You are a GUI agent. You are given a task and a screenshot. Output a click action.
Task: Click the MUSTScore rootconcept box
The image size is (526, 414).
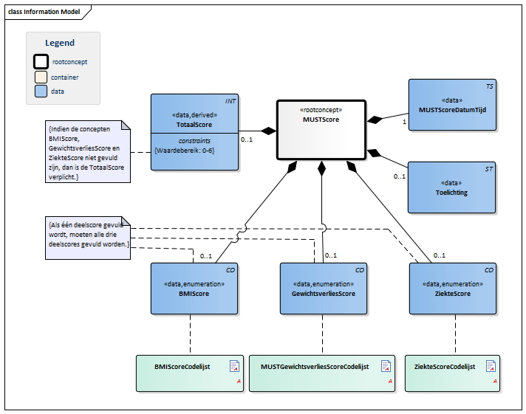coord(321,129)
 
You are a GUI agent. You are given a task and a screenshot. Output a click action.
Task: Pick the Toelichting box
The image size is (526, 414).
coord(452,187)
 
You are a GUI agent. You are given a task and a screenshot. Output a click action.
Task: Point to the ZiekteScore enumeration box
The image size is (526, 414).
coord(452,289)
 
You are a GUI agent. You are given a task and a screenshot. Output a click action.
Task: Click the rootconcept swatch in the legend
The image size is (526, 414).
coord(41,62)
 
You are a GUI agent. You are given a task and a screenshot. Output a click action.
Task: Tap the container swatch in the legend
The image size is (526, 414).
coord(41,77)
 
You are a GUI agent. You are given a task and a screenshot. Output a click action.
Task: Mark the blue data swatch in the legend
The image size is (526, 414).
coord(41,92)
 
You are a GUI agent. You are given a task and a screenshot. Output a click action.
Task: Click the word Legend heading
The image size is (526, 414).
coord(60,43)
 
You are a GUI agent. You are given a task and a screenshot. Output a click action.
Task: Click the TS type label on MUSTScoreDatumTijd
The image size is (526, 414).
coord(489,86)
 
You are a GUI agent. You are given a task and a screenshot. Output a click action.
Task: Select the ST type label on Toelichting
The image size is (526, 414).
coord(489,169)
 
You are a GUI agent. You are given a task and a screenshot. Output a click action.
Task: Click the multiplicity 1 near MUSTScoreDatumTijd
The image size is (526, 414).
coord(405,122)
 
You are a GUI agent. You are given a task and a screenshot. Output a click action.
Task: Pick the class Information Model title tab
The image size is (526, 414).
coord(44,12)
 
